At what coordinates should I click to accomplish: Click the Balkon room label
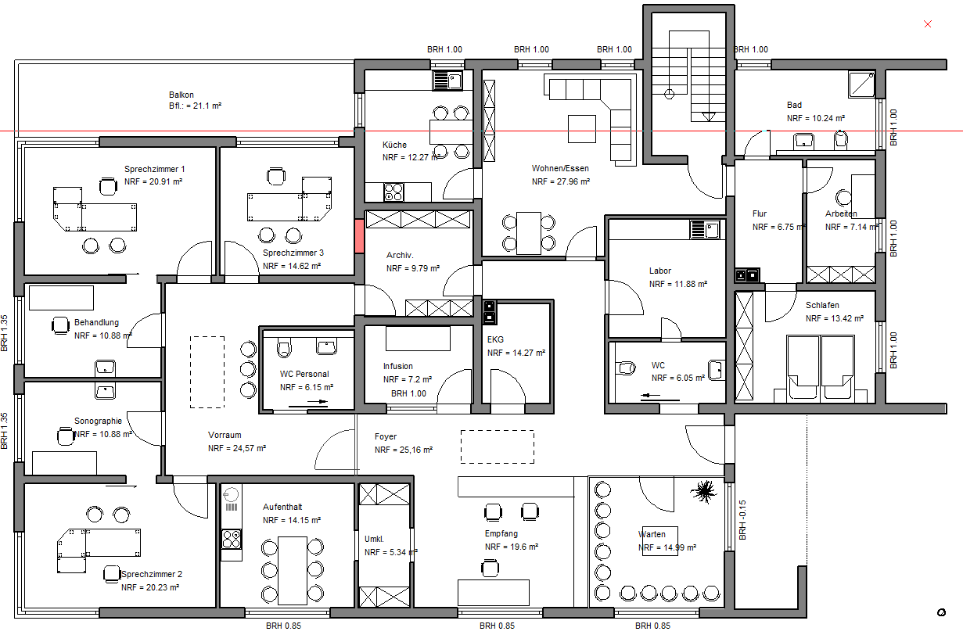(x=181, y=95)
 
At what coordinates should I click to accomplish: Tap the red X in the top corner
(x=928, y=24)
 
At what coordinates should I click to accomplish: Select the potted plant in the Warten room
(x=704, y=491)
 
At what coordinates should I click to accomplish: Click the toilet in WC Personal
(x=284, y=347)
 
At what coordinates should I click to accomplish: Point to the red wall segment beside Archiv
(x=359, y=236)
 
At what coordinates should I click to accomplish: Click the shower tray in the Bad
(x=862, y=84)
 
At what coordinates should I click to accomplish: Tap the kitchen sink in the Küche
(x=447, y=81)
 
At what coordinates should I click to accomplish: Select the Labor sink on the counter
(x=705, y=230)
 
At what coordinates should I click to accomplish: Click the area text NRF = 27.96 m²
(x=561, y=181)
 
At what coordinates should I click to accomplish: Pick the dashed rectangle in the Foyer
(x=498, y=447)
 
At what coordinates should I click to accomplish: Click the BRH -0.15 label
(x=742, y=520)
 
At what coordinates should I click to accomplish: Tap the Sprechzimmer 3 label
(x=293, y=253)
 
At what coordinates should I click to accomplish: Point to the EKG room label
(x=495, y=339)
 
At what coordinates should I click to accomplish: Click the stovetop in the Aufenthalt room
(x=232, y=540)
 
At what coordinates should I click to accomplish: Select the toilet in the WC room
(x=626, y=368)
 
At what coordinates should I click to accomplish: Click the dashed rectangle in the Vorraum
(x=207, y=372)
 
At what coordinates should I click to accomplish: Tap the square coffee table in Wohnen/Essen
(x=582, y=128)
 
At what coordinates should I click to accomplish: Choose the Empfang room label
(x=501, y=533)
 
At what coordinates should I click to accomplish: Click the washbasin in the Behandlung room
(x=105, y=368)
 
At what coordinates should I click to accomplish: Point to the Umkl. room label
(x=374, y=539)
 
